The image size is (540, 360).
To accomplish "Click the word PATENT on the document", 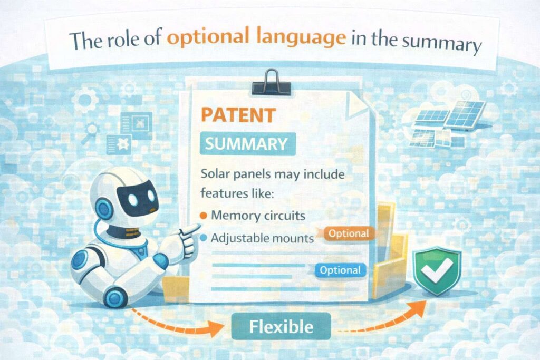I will [x=238, y=115].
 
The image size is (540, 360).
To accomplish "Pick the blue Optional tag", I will [x=340, y=270].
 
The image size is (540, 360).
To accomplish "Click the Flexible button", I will [x=281, y=326].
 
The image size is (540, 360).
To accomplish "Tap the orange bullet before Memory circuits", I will [x=204, y=216].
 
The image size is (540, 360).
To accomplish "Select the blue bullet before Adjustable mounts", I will [x=204, y=239].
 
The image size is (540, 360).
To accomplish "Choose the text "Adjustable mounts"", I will [x=262, y=239].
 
